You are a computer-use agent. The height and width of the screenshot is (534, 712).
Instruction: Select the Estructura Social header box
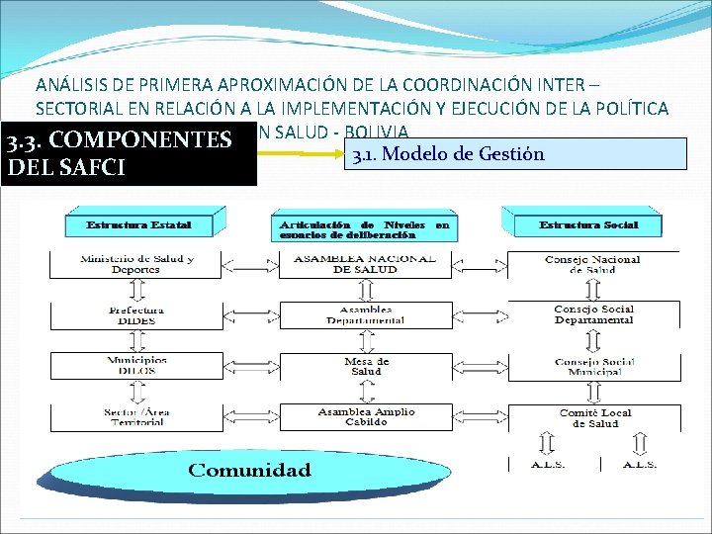(589, 222)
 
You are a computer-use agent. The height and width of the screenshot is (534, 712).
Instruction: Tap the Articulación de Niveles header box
(365, 227)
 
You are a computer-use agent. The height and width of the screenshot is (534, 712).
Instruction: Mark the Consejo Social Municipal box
(593, 366)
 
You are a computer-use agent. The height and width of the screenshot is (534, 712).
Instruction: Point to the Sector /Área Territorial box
(136, 416)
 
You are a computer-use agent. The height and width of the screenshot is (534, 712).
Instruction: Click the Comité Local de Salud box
(593, 417)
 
